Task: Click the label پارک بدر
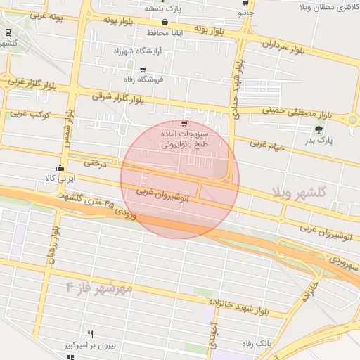coord(323,141)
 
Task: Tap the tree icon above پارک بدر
coord(321,129)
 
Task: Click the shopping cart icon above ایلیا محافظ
coord(164,22)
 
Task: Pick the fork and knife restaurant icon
coord(90,334)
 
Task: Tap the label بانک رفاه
coord(257,343)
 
